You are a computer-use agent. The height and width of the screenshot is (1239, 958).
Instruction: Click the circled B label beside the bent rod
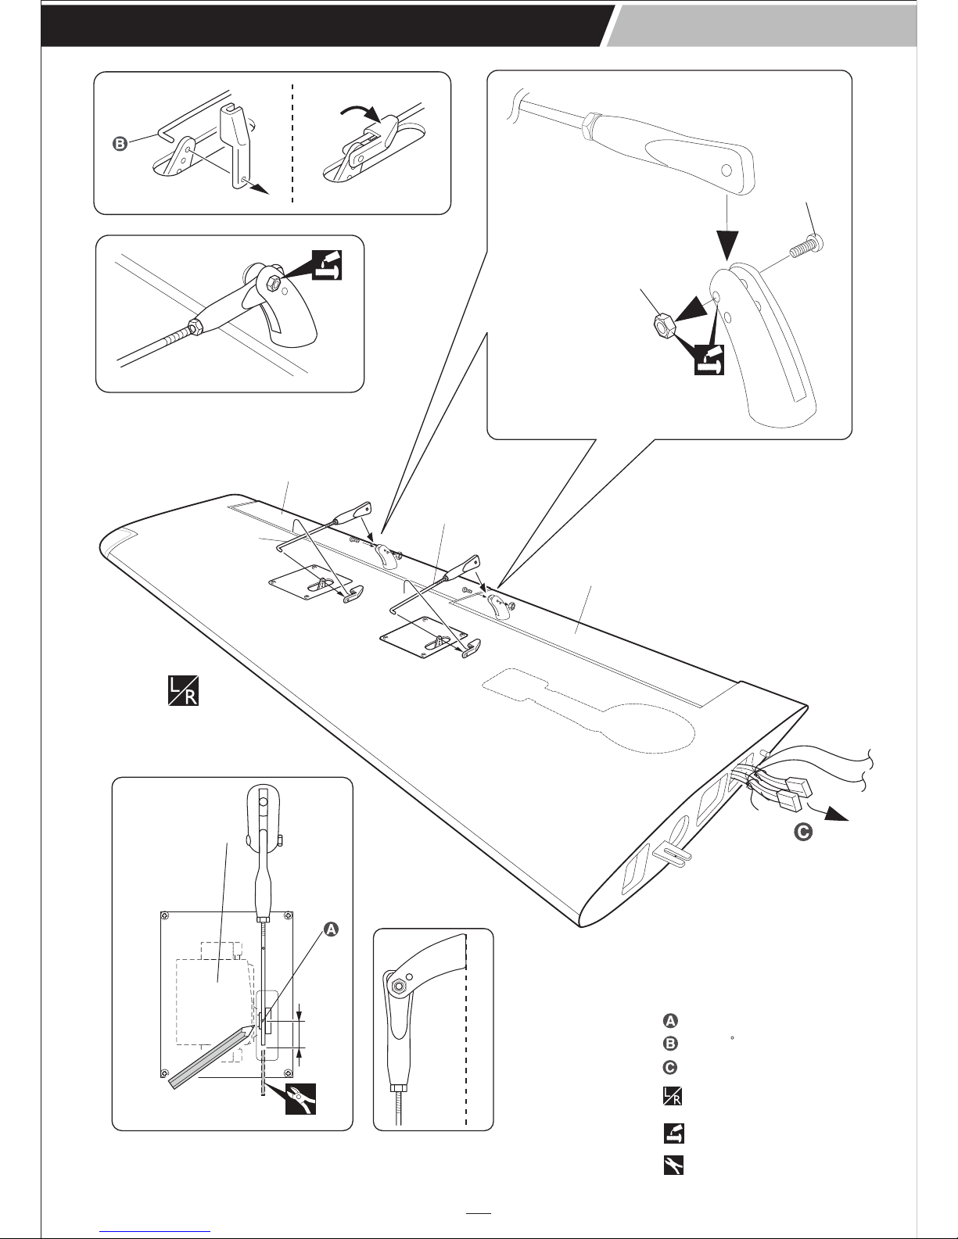tap(120, 144)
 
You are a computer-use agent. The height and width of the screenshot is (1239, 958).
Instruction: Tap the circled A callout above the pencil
tap(331, 929)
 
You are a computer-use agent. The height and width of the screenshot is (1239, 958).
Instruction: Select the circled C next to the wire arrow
tap(803, 833)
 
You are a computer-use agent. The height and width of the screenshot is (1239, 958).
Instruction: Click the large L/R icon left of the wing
tap(183, 690)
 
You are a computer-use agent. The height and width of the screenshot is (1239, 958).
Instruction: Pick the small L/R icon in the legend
tap(673, 1096)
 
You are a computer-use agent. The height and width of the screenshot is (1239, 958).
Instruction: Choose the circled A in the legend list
tap(671, 1021)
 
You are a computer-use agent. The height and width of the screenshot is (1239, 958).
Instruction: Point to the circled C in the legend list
tap(671, 1067)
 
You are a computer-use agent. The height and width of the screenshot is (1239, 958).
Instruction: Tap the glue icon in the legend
tap(673, 1133)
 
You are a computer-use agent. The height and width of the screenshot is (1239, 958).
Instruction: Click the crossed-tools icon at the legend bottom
tap(673, 1166)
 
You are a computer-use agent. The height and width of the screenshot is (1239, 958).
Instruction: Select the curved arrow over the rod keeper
tap(361, 111)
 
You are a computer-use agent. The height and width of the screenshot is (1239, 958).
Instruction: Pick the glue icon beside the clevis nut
tap(328, 265)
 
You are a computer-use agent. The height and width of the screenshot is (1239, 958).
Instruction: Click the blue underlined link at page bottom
tap(155, 1230)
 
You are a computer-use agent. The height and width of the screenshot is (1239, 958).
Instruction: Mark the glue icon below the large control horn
tap(709, 360)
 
